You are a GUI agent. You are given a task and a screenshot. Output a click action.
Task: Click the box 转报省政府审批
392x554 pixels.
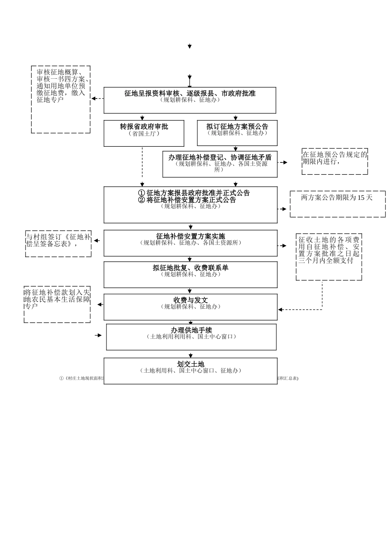144,133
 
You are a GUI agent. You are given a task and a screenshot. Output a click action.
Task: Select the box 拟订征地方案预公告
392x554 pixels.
237,133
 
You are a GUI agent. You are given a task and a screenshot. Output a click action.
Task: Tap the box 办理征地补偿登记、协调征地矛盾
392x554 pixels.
220,164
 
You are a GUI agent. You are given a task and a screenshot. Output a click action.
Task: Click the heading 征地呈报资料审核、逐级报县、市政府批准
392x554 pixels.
190,94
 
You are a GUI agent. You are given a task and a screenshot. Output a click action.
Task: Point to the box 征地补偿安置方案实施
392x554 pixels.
190,243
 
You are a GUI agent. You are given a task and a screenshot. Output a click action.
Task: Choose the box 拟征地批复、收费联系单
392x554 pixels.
190,275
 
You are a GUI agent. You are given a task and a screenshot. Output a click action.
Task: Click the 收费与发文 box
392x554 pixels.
190,307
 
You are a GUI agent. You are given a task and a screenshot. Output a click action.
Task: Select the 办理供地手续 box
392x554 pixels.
191,337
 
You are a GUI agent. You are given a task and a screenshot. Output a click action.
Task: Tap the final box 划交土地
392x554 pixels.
190,371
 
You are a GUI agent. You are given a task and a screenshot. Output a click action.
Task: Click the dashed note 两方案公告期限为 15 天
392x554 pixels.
337,204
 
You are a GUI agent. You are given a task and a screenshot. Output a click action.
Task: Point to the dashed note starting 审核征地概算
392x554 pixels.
61,99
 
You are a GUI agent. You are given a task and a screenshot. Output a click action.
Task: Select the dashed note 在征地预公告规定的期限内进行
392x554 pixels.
335,161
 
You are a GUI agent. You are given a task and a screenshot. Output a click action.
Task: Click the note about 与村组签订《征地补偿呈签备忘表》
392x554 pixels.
58,243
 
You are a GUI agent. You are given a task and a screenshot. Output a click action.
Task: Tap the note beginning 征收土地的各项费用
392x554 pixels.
329,257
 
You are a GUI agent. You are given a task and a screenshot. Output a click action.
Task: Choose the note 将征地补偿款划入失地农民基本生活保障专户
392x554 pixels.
57,304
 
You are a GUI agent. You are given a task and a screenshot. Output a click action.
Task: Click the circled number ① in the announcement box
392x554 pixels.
142,193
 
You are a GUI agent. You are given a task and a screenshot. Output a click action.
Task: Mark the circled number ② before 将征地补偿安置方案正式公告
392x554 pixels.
142,200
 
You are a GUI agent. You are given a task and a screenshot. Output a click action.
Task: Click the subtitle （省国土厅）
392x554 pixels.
144,134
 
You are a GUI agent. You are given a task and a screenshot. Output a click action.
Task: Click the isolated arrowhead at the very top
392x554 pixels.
190,47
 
